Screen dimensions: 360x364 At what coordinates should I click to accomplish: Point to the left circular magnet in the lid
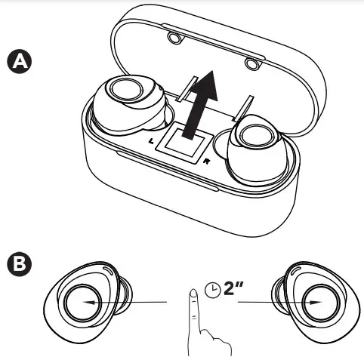click(175, 38)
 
